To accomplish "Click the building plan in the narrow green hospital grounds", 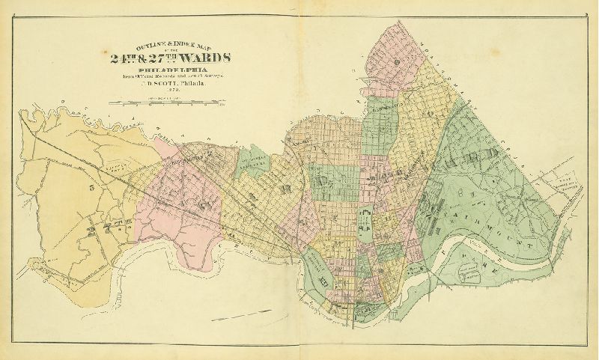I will point(366,221).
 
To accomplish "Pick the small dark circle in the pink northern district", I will point(392,59).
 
